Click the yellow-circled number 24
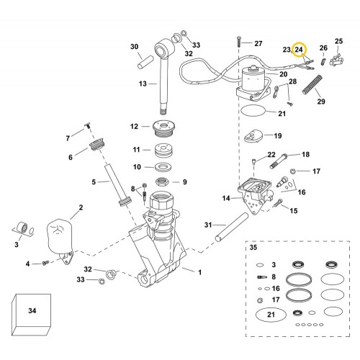click(x=300, y=50)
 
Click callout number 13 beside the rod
click(x=143, y=84)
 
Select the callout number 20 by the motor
click(x=283, y=74)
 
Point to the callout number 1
click(x=199, y=271)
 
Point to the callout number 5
click(x=94, y=183)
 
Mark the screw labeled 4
click(x=44, y=264)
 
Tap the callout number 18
click(x=305, y=154)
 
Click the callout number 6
click(x=71, y=157)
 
